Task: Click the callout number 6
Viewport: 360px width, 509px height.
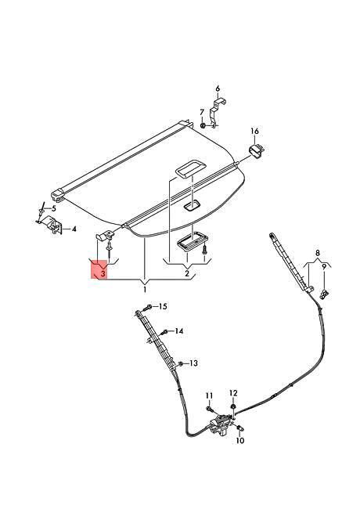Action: (x=218, y=88)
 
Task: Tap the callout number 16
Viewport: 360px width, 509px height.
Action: (x=254, y=131)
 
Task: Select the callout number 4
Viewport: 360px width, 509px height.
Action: (x=74, y=229)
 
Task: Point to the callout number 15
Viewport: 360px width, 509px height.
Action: (x=163, y=306)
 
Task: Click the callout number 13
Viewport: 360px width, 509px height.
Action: (x=193, y=363)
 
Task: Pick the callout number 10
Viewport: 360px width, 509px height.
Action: (x=240, y=441)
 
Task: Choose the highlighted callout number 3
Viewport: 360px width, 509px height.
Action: (x=103, y=273)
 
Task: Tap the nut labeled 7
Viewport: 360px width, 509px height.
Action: (x=203, y=125)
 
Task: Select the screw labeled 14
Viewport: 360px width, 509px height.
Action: (x=165, y=332)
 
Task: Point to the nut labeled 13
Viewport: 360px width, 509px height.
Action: (x=182, y=363)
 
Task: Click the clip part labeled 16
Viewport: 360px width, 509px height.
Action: (x=257, y=151)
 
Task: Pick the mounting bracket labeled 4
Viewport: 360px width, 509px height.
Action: (x=53, y=224)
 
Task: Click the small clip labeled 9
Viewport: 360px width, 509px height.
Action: (x=324, y=294)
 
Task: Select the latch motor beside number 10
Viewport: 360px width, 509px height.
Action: (x=221, y=424)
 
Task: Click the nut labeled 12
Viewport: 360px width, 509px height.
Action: (x=233, y=407)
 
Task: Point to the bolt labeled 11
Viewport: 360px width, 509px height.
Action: (x=209, y=408)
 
